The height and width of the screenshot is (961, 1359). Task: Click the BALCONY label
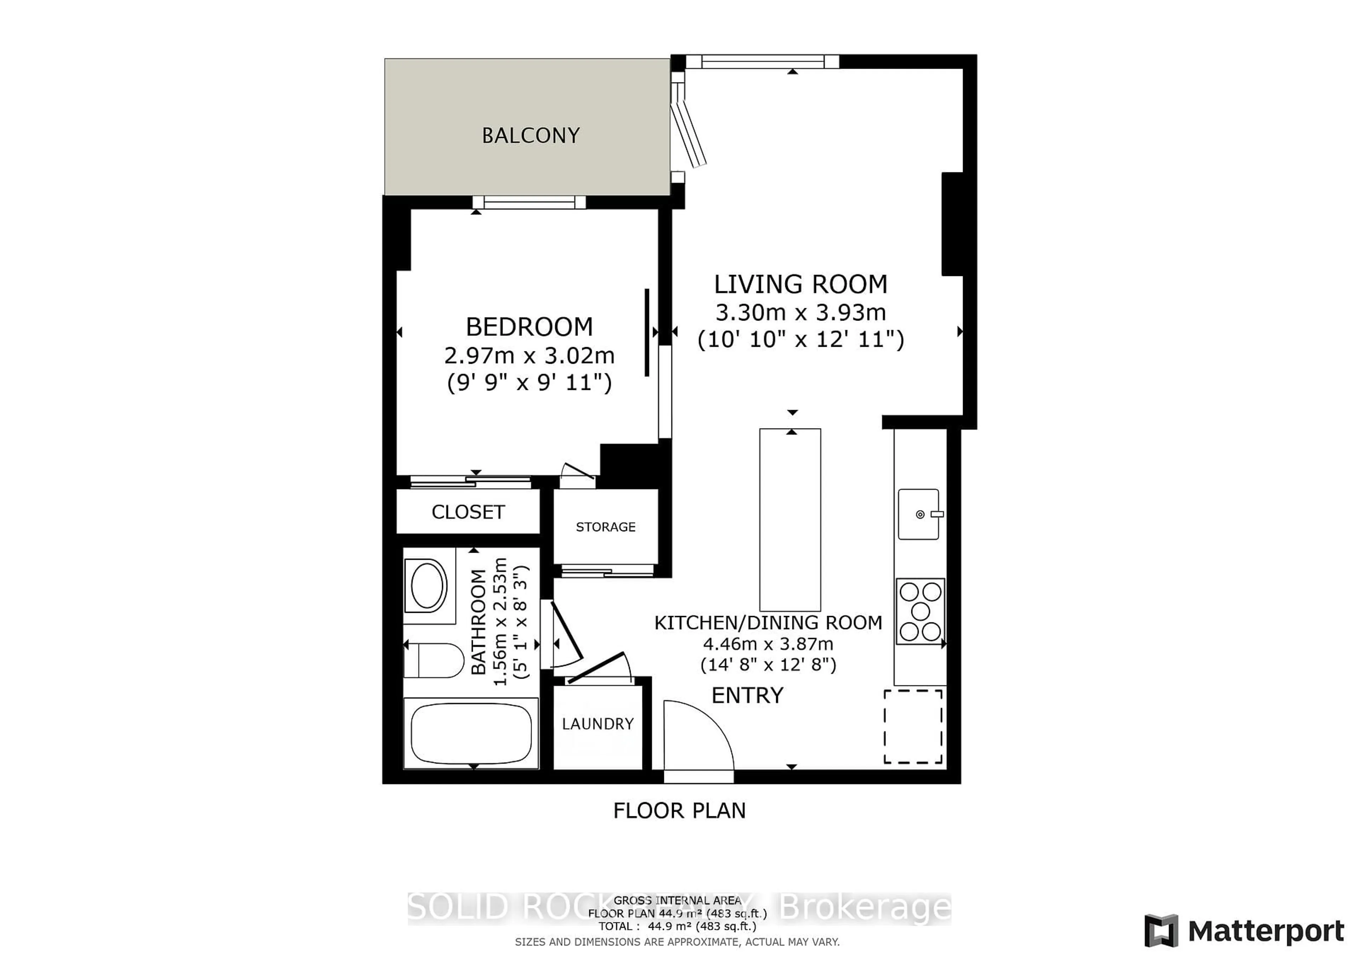(531, 136)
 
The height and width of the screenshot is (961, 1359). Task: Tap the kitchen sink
(918, 514)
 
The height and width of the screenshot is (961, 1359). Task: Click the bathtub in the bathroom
(471, 734)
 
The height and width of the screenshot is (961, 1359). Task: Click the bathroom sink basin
(428, 586)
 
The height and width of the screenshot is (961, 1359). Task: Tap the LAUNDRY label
(597, 724)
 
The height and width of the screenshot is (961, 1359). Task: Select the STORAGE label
(606, 526)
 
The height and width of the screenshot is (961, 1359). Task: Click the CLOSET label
(468, 512)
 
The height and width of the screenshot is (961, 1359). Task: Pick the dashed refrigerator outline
(913, 726)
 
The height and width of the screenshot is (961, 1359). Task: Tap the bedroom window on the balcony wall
(529, 202)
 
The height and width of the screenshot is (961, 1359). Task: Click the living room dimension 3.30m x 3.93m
(800, 312)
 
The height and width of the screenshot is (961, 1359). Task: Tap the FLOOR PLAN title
(679, 810)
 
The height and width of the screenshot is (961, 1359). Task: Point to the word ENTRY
(747, 695)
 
